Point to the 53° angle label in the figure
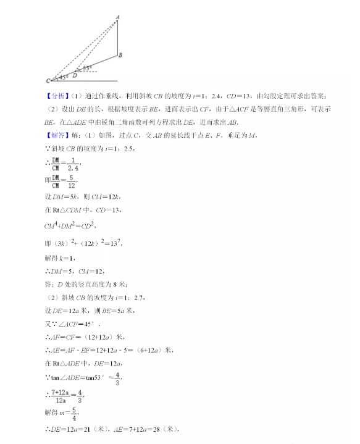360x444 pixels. coord(87,67)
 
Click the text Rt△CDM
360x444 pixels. coord(72,212)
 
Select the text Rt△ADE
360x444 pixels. coord(72,362)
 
